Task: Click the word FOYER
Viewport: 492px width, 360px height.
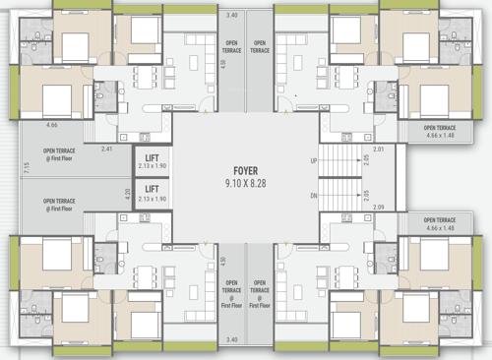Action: tap(245, 169)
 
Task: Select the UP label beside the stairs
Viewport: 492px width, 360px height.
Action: tap(314, 160)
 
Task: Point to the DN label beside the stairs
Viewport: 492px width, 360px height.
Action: tap(314, 197)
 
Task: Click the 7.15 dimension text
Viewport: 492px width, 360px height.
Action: tap(27, 167)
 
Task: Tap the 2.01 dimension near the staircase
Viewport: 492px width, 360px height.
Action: tap(379, 149)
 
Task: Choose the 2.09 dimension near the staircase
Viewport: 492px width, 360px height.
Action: tap(379, 208)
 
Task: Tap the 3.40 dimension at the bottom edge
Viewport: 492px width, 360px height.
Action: tap(232, 340)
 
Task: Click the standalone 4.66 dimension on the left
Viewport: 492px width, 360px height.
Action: tap(53, 126)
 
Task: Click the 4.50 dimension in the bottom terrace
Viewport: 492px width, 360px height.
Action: tap(223, 261)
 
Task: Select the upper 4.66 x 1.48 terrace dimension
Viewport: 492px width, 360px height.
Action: tap(440, 135)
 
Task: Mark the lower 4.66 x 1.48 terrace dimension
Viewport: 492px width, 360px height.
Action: tap(440, 228)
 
